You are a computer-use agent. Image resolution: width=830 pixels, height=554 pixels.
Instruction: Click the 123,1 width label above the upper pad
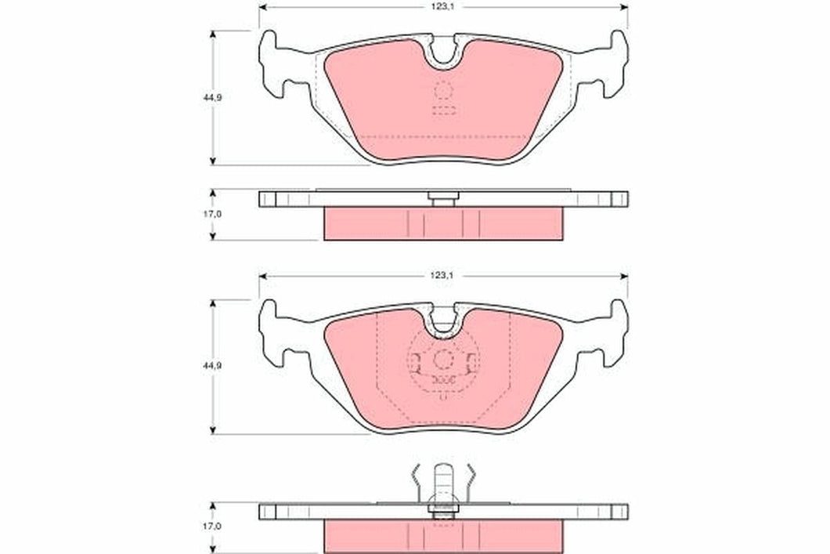coord(443,5)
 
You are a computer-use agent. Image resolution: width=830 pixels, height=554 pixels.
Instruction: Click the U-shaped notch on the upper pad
coord(444,53)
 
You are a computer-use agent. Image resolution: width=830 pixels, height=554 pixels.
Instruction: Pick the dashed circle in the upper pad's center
coord(444,91)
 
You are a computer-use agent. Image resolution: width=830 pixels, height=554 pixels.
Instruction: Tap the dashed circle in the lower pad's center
coord(444,361)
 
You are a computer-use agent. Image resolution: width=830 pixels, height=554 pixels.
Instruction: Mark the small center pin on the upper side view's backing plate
coord(444,199)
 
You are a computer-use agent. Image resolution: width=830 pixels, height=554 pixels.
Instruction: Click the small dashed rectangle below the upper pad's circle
coord(444,110)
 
